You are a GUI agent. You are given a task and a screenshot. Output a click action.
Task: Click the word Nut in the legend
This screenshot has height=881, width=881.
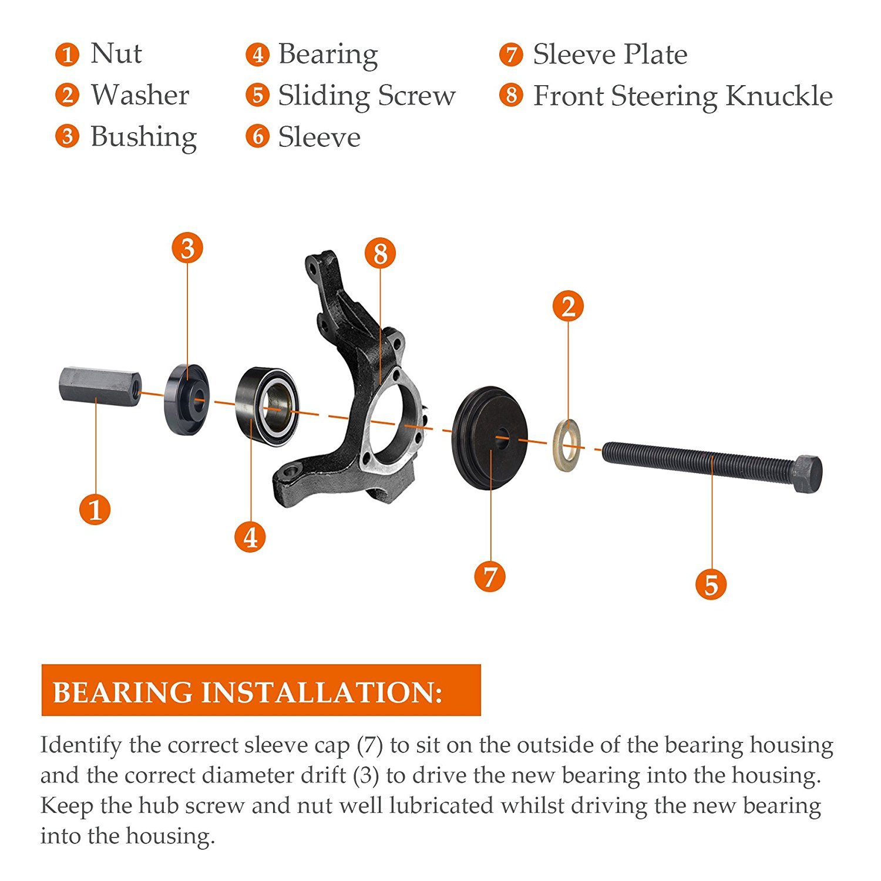point(116,53)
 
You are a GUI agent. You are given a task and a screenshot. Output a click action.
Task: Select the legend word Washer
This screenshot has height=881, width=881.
point(140,95)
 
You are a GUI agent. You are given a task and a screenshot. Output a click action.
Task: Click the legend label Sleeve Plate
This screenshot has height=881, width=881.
point(610,55)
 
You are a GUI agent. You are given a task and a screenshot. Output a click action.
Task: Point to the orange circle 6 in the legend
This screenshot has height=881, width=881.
point(257,136)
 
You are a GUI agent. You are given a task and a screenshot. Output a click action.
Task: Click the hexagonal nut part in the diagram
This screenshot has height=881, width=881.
point(100,386)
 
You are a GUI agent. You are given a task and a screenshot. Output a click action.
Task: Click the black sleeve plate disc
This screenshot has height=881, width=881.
point(490,438)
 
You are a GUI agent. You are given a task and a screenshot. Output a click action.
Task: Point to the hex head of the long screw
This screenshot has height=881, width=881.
point(808,473)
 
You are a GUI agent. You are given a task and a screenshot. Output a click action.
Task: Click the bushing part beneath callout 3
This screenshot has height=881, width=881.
point(186,399)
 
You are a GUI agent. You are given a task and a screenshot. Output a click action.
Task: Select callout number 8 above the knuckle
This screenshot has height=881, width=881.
point(380,254)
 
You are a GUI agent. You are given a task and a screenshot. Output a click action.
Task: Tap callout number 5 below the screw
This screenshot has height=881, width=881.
point(711,584)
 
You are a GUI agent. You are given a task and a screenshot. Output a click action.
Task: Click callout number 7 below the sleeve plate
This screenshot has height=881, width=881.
point(490,576)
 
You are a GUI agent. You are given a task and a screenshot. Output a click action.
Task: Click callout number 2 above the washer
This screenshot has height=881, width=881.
point(568,306)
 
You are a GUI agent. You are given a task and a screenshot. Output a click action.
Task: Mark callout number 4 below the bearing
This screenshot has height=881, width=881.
point(250,536)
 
